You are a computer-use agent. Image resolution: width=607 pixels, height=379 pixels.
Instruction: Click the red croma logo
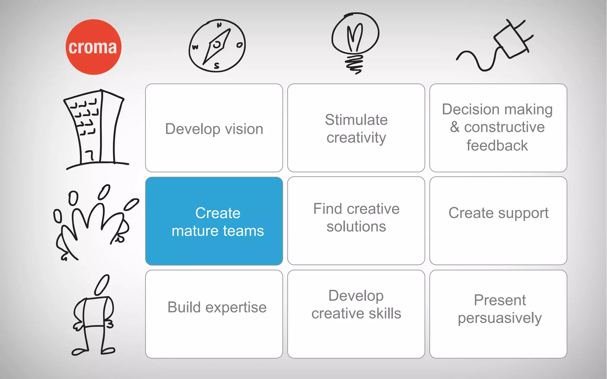pyautogui.click(x=93, y=47)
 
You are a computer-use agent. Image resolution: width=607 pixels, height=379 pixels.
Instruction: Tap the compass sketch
pyautogui.click(x=217, y=46)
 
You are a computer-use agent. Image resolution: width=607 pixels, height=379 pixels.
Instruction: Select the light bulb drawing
pyautogui.click(x=355, y=41)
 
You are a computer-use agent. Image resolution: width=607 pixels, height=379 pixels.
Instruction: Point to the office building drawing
pyautogui.click(x=95, y=129)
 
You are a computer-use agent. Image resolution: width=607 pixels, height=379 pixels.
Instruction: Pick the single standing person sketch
pyautogui.click(x=93, y=315)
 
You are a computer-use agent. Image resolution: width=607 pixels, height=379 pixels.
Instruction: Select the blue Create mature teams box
pyautogui.click(x=214, y=221)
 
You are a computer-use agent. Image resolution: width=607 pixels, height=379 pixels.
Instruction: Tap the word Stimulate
pyautogui.click(x=356, y=120)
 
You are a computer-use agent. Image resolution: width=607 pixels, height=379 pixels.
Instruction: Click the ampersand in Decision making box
pyautogui.click(x=455, y=127)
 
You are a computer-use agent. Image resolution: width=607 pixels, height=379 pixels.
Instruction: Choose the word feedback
pyautogui.click(x=497, y=145)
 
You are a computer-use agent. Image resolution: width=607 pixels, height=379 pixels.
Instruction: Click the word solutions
pyautogui.click(x=356, y=227)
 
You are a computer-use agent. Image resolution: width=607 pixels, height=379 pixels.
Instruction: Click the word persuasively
pyautogui.click(x=500, y=318)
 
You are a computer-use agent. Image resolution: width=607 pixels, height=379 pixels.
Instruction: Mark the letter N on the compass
pyautogui.click(x=219, y=25)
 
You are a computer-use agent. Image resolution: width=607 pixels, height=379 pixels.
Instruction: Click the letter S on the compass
pyautogui.click(x=217, y=66)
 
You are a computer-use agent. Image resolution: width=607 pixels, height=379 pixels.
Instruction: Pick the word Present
pyautogui.click(x=500, y=300)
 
